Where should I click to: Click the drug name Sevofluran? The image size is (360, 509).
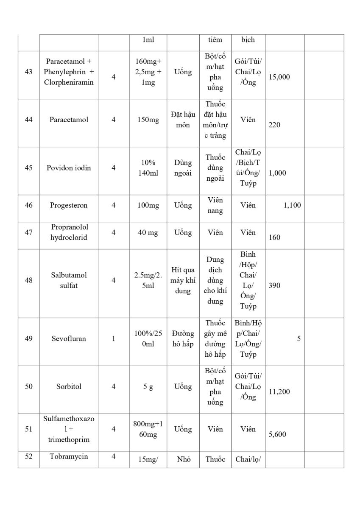69,338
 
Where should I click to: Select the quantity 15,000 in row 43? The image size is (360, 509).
279,77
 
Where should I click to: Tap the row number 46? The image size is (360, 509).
29,205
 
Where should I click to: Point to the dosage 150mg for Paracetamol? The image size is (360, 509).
148,120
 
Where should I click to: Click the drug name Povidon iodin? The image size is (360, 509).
69,168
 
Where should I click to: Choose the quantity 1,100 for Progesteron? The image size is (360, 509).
292,205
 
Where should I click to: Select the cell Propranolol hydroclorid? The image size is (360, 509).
69,232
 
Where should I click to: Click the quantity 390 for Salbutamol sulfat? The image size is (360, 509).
274,285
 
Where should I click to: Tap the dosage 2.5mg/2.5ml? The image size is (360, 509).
148,280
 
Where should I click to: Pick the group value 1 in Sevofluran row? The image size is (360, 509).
113,338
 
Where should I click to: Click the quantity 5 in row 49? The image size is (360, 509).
299,338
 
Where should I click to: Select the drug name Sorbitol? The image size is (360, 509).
69,386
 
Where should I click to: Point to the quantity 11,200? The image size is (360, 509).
279,392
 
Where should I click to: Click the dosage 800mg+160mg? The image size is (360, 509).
148,429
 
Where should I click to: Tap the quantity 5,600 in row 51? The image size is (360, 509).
277,434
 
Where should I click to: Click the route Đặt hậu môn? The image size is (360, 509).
183,120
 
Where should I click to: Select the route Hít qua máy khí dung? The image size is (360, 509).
183,280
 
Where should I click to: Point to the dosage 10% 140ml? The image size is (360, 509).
148,168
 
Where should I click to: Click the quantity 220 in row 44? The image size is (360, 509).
274,125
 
